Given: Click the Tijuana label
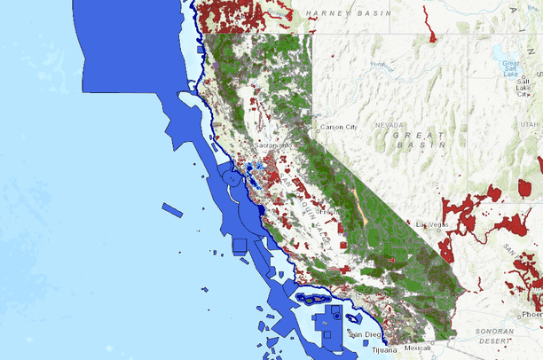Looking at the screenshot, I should point(384,349).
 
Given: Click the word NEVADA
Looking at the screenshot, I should point(390,125).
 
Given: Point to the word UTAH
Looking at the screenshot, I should point(531,125).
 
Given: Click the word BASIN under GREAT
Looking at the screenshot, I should point(414,144).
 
